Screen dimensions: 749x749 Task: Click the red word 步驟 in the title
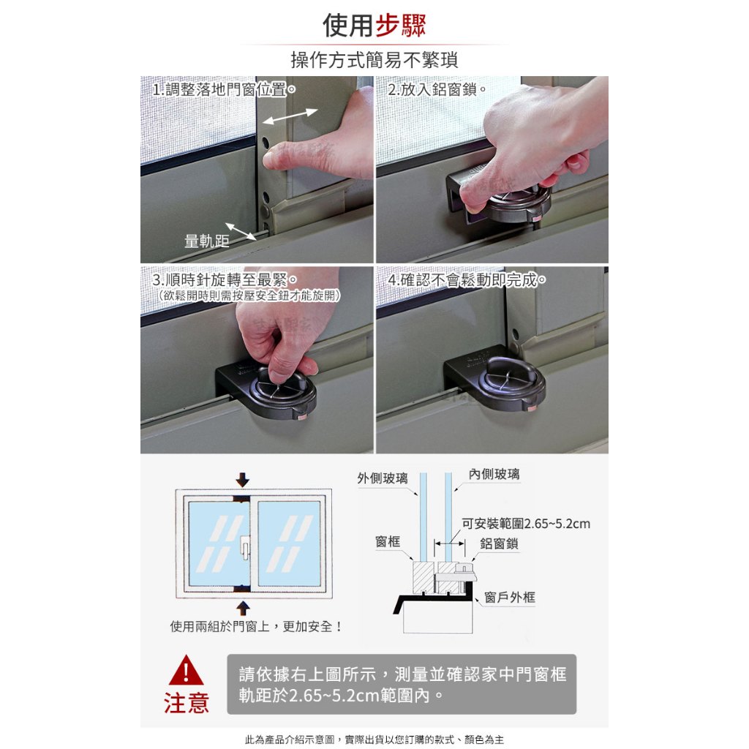(400, 25)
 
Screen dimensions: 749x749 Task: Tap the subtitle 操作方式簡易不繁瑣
(374, 60)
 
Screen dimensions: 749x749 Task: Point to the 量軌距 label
(207, 241)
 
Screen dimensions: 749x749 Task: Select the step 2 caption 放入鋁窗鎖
(439, 89)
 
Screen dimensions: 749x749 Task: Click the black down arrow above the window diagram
(243, 480)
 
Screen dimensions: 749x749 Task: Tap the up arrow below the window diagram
(243, 608)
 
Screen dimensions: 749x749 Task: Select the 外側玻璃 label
(383, 478)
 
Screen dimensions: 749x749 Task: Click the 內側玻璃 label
(494, 474)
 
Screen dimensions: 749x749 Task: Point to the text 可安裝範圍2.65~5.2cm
(526, 524)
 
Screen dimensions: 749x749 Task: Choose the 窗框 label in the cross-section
(388, 541)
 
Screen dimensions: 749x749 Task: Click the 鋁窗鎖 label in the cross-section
(499, 543)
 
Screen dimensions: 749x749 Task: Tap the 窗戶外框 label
(510, 597)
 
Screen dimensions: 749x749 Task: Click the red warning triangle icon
(186, 671)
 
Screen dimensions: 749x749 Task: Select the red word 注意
(187, 703)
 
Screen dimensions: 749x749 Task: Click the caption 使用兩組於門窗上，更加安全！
(257, 626)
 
